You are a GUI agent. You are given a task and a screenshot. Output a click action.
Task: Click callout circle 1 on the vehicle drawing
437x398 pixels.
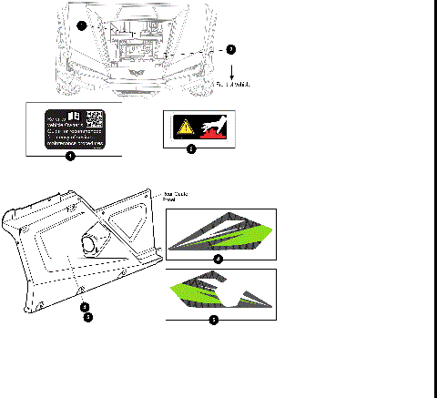tap(84, 26)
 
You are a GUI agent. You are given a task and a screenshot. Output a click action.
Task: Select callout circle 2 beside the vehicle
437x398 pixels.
tap(229, 49)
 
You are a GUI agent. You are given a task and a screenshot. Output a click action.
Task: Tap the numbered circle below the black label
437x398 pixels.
tap(71, 155)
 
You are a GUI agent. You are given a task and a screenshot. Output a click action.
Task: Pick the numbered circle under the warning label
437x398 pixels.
tap(190, 148)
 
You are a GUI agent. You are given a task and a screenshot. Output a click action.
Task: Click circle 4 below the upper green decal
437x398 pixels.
tap(217, 259)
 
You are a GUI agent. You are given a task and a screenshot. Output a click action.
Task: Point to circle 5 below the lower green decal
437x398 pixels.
tap(213, 320)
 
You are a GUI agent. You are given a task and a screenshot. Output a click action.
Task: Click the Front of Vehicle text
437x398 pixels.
tap(231, 85)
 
